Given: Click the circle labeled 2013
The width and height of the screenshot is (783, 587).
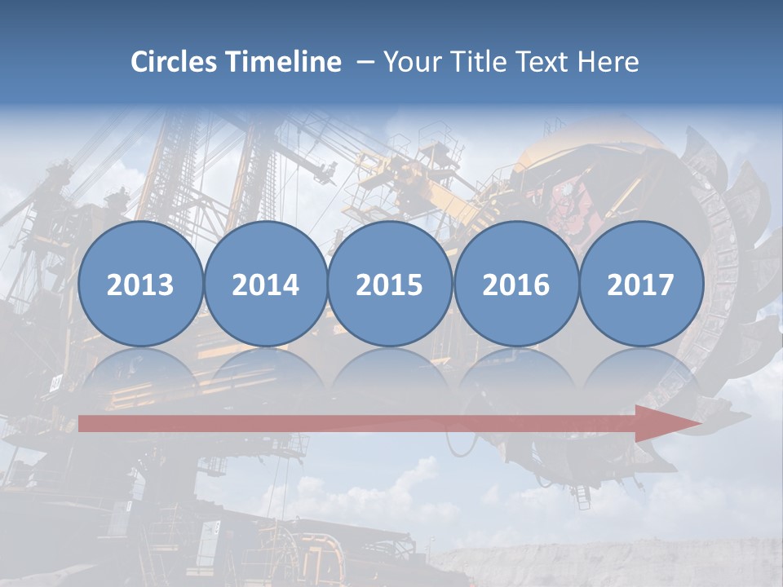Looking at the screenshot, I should (140, 284).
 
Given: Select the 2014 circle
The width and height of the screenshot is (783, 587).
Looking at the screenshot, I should (265, 284).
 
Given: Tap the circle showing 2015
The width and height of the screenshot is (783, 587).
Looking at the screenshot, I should (390, 284).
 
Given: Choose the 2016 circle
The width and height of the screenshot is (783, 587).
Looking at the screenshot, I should (515, 284).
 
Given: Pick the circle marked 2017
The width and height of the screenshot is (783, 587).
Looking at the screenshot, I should (641, 284).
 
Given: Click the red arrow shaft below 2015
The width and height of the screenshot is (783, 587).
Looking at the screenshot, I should (390, 423).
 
